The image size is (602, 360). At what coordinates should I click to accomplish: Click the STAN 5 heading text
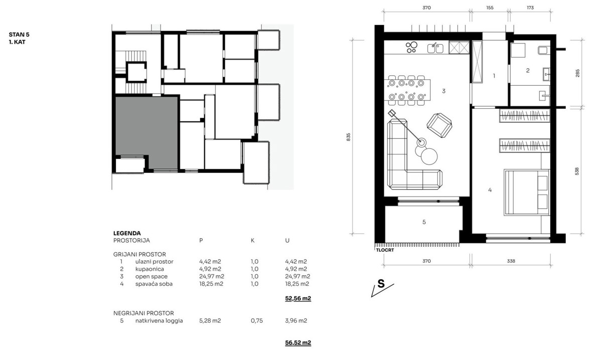19,35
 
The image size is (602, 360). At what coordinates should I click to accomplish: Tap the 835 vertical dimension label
348,137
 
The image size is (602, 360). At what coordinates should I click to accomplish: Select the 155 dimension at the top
490,8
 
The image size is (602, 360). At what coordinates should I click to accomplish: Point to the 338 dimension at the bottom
511,261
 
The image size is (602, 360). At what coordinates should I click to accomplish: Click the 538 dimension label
577,171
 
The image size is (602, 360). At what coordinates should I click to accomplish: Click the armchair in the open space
439,125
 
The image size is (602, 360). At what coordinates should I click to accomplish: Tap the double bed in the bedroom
526,192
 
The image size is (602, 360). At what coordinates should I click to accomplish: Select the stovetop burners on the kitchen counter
411,47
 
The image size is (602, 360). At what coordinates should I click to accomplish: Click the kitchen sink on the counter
435,48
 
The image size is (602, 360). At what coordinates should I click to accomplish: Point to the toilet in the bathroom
544,50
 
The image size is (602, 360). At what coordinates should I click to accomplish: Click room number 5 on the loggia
424,222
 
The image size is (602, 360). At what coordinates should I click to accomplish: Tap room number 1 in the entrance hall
494,76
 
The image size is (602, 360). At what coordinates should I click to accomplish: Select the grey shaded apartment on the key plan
146,126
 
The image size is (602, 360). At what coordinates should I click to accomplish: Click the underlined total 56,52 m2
298,342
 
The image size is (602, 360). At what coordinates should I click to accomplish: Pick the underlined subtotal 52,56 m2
298,298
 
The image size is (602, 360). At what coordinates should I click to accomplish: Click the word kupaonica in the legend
149,269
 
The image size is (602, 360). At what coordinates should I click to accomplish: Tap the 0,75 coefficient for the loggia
257,320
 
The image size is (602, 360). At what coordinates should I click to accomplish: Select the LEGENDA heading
127,233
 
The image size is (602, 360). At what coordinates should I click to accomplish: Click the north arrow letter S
381,284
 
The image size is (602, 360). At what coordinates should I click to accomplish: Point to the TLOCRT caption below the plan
385,250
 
